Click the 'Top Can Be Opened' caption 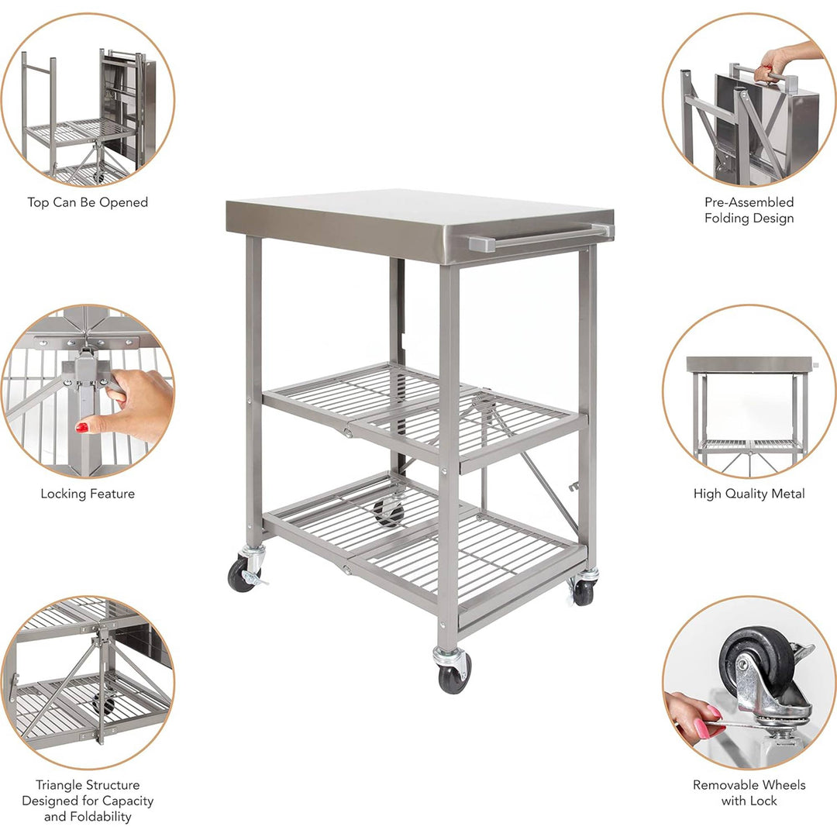88,202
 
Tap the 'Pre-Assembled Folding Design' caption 749,210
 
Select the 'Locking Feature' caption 88,494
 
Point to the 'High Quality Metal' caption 749,494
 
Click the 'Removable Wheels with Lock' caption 749,793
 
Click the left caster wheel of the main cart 240,576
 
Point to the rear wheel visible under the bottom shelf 389,511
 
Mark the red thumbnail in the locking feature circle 81,427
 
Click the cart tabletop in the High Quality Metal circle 749,364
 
